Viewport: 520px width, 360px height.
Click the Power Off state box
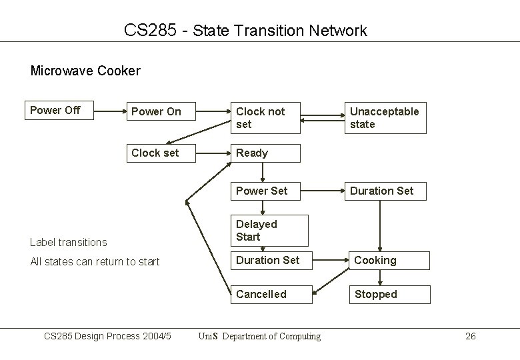pyautogui.click(x=61, y=111)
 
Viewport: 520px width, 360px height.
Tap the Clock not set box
pyautogui.click(x=265, y=118)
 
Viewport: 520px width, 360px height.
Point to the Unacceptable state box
pyautogui.click(x=385, y=118)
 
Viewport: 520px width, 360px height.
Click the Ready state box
pyautogui.click(x=265, y=153)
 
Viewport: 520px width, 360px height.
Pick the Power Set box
pyautogui.click(x=265, y=191)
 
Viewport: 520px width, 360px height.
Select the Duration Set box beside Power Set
pyautogui.click(x=385, y=191)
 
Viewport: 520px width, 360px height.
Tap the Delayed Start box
pyautogui.click(x=269, y=231)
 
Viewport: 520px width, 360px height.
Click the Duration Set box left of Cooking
pyautogui.click(x=269, y=260)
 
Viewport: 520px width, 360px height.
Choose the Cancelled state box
pyautogui.click(x=271, y=294)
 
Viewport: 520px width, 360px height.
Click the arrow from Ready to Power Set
pyautogui.click(x=264, y=172)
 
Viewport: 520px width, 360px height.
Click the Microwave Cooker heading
pyautogui.click(x=85, y=70)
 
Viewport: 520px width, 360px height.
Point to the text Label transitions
pyautogui.click(x=69, y=242)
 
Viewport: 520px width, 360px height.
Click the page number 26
pyautogui.click(x=470, y=336)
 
